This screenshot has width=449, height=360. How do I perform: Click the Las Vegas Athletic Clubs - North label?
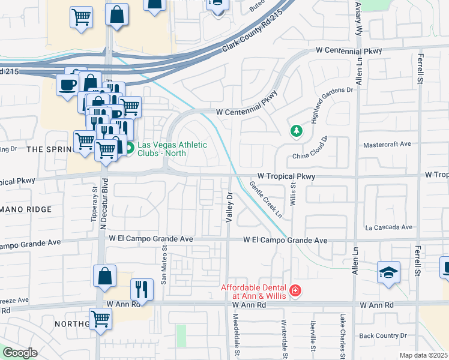coord(172,149)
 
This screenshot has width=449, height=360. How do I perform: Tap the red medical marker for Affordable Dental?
coord(295,292)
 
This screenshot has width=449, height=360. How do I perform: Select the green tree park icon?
coord(295,131)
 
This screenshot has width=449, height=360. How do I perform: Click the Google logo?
coord(20,352)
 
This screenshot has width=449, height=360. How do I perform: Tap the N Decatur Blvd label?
coord(103,203)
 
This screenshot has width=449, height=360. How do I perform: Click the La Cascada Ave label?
coord(390,227)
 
